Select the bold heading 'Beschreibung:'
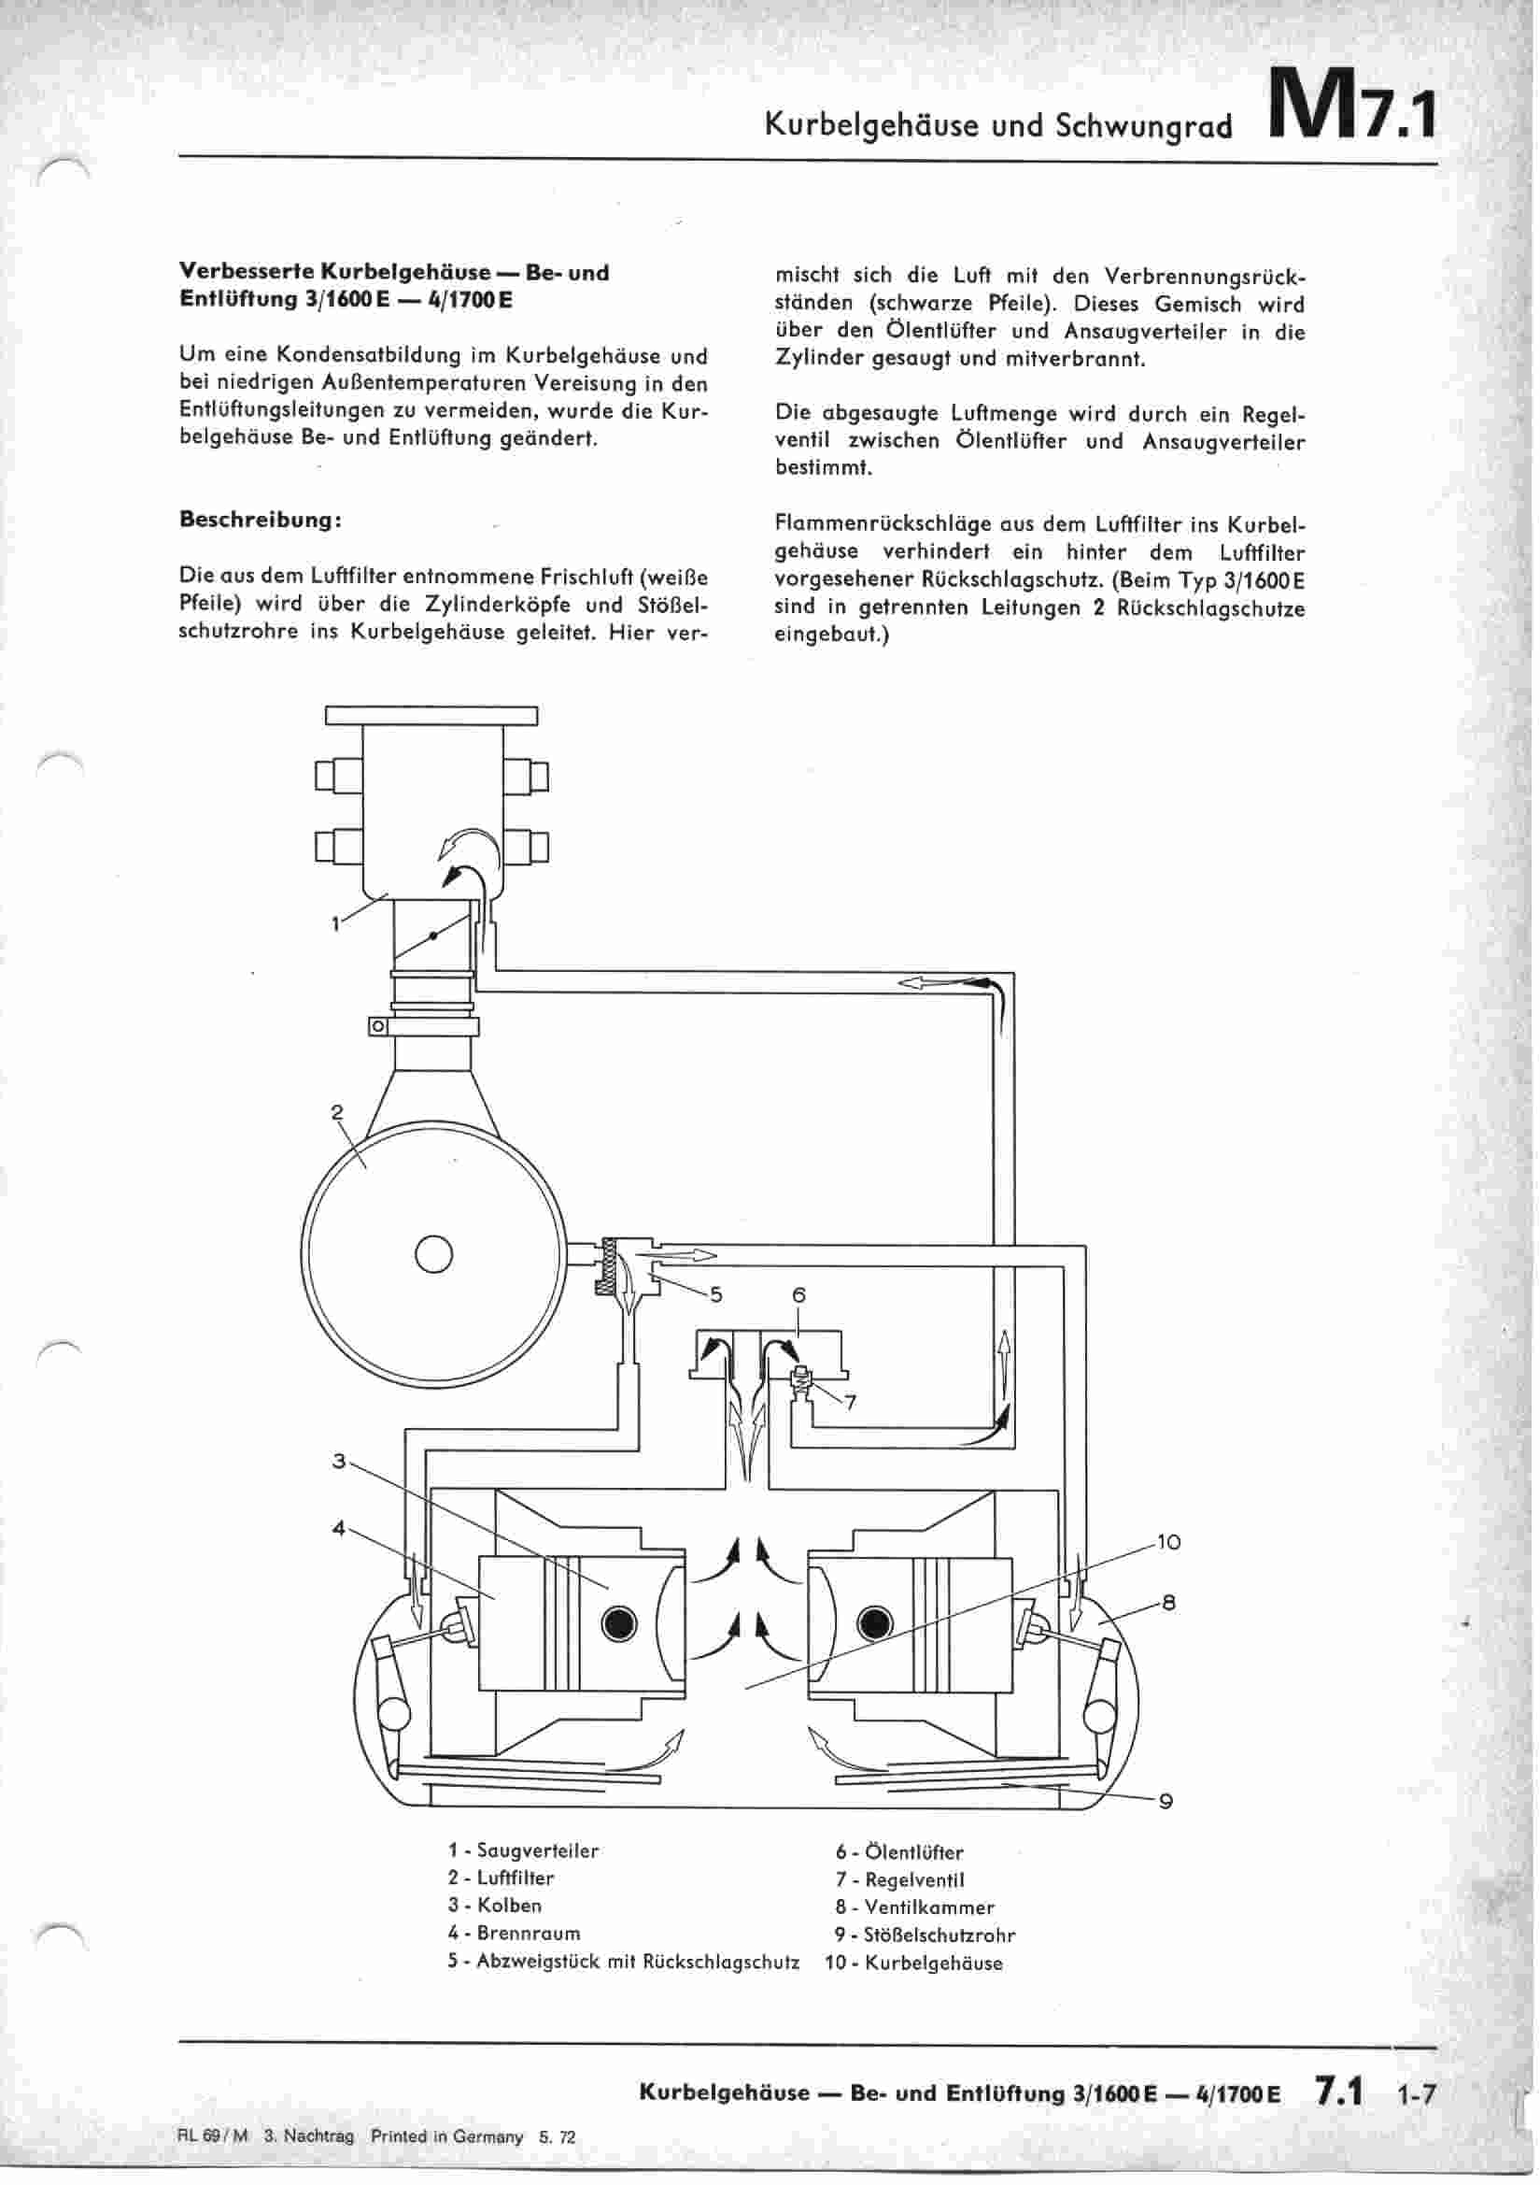pos(260,521)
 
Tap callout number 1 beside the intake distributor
pos(335,923)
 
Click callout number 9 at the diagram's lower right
pos(1166,1801)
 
